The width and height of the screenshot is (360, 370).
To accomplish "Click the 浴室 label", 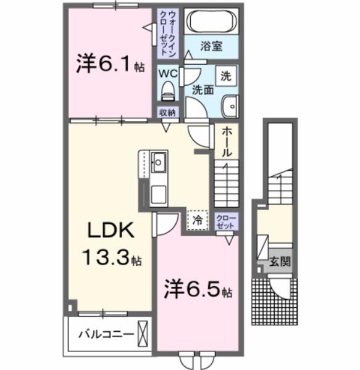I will point(212,46).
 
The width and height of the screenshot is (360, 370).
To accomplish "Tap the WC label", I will point(167,73).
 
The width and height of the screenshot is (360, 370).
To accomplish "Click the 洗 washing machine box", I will point(227,77).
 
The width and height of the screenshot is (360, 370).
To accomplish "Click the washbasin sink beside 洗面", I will point(230,105).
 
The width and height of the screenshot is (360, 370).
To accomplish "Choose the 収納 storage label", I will point(167,113).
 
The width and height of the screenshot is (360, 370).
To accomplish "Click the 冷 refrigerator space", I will point(198,219).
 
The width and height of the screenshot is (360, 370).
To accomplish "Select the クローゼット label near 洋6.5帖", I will point(225,221).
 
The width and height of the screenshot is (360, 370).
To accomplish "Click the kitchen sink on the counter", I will point(157,163).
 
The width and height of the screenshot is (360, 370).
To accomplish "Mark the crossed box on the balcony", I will point(144,334).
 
